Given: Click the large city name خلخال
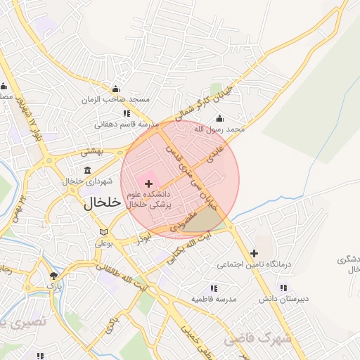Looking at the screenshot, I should point(103,203).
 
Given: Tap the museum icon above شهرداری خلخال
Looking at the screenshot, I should point(87,170).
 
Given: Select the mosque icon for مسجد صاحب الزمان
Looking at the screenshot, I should point(115,89).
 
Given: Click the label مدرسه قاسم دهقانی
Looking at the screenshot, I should point(124,124).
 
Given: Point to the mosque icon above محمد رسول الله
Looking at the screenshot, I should point(220,117).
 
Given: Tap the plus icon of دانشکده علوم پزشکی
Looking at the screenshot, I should point(148,183).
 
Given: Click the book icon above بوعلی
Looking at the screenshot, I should point(104,232).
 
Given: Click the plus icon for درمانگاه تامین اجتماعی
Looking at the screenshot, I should point(254,253).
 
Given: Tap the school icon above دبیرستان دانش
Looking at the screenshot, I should point(283,288).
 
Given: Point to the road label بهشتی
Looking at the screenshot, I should point(91,150).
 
